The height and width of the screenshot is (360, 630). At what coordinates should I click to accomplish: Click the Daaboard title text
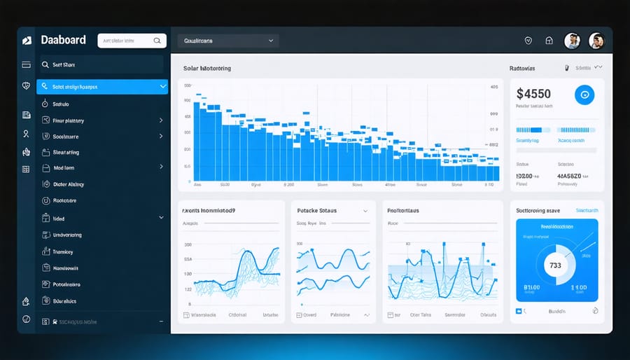(63, 41)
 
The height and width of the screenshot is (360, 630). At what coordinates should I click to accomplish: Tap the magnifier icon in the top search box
(156, 41)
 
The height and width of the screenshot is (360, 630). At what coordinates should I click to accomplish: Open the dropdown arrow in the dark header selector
(271, 41)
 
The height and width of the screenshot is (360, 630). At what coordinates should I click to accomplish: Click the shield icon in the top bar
(528, 41)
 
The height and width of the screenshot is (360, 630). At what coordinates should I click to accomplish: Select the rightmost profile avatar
(596, 41)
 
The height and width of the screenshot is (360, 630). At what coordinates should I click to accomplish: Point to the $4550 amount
(533, 93)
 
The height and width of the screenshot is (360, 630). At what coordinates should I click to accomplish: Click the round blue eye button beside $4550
(584, 95)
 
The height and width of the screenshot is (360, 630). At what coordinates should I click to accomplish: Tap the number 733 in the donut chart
(555, 265)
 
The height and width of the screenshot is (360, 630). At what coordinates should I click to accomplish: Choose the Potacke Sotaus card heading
(318, 210)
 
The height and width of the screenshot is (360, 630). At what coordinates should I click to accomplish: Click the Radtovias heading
(522, 69)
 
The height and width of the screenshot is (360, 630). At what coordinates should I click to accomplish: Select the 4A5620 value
(568, 176)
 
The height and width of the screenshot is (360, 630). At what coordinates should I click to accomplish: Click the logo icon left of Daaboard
(27, 41)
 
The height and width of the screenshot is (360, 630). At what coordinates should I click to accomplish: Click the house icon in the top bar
(549, 41)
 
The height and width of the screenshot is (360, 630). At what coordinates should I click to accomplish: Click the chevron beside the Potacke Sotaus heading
(365, 210)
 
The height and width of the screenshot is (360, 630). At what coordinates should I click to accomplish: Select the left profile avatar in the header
(572, 41)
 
